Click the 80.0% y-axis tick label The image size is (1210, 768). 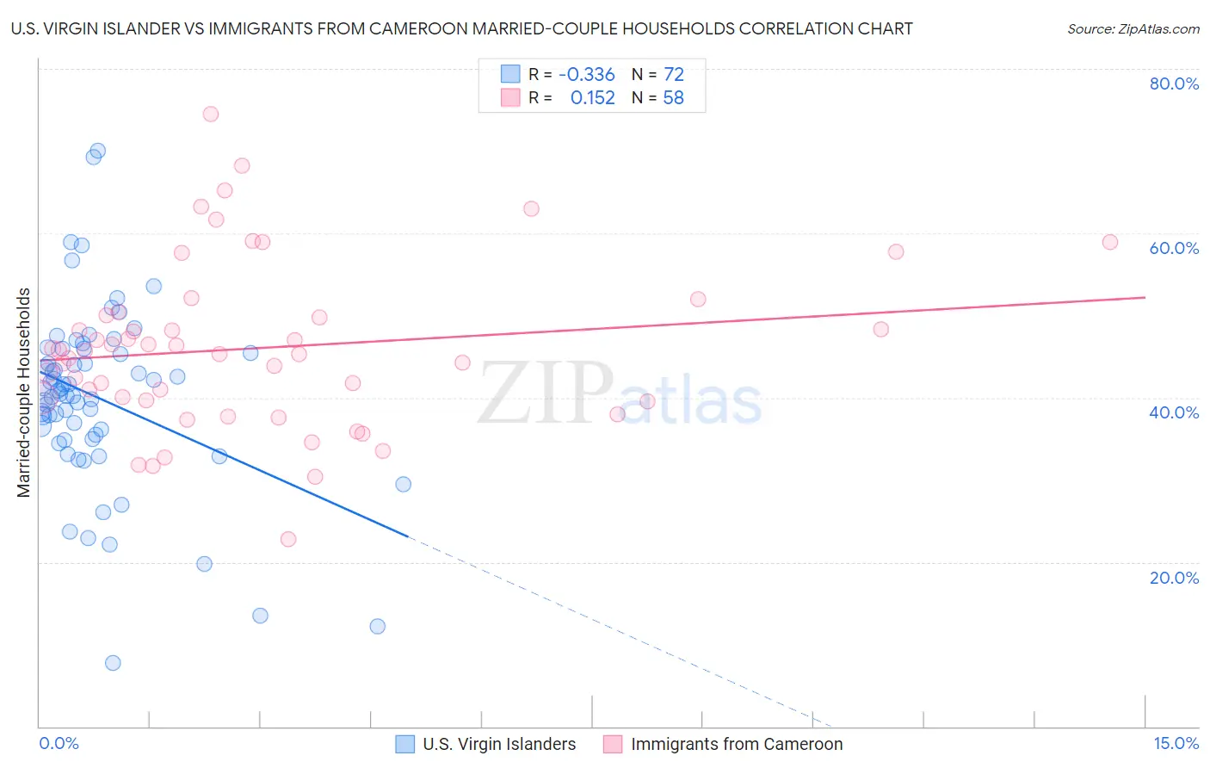[x=1174, y=84]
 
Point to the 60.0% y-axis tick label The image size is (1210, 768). [x=1174, y=248]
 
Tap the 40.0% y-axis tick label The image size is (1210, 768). [x=1174, y=412]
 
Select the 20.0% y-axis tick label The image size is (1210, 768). [x=1174, y=578]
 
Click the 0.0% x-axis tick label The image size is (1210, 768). [x=59, y=743]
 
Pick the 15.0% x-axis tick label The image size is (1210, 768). [x=1176, y=743]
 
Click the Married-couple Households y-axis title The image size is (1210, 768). [x=24, y=393]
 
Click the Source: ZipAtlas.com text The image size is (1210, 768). [x=1133, y=29]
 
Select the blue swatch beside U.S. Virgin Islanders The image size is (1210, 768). [x=404, y=744]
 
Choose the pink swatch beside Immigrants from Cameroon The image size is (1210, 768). [x=613, y=744]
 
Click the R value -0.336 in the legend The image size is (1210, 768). [x=587, y=75]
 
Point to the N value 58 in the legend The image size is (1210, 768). [x=673, y=98]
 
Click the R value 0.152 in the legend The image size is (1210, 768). [x=592, y=98]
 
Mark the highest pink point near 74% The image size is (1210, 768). [x=210, y=114]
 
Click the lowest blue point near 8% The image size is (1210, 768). [x=113, y=663]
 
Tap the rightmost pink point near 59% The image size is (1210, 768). [x=1110, y=242]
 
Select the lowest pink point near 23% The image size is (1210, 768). [x=288, y=539]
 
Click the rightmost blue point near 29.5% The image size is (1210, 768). [x=403, y=484]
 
